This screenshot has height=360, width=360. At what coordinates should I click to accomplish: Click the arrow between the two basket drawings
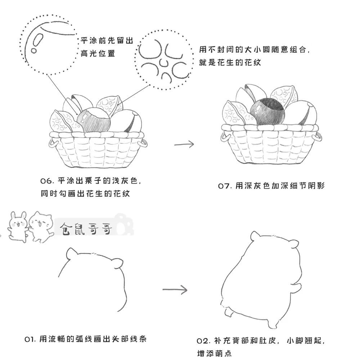click(x=184, y=144)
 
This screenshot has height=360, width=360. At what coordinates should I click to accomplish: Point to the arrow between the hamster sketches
click(x=175, y=289)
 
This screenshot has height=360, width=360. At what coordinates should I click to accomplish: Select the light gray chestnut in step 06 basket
click(x=94, y=121)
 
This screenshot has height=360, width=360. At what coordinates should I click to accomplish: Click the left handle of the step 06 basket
click(x=53, y=143)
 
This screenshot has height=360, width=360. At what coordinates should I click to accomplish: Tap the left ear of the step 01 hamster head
click(x=71, y=252)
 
